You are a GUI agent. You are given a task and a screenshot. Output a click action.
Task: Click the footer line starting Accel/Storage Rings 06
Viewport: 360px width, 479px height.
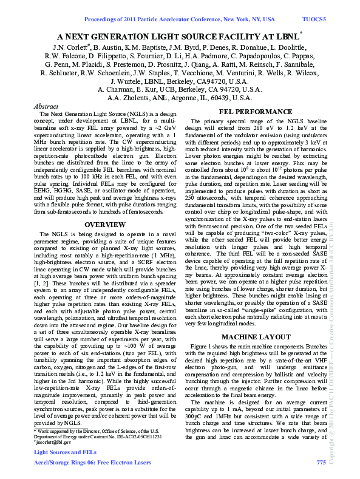(x=91, y=463)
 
